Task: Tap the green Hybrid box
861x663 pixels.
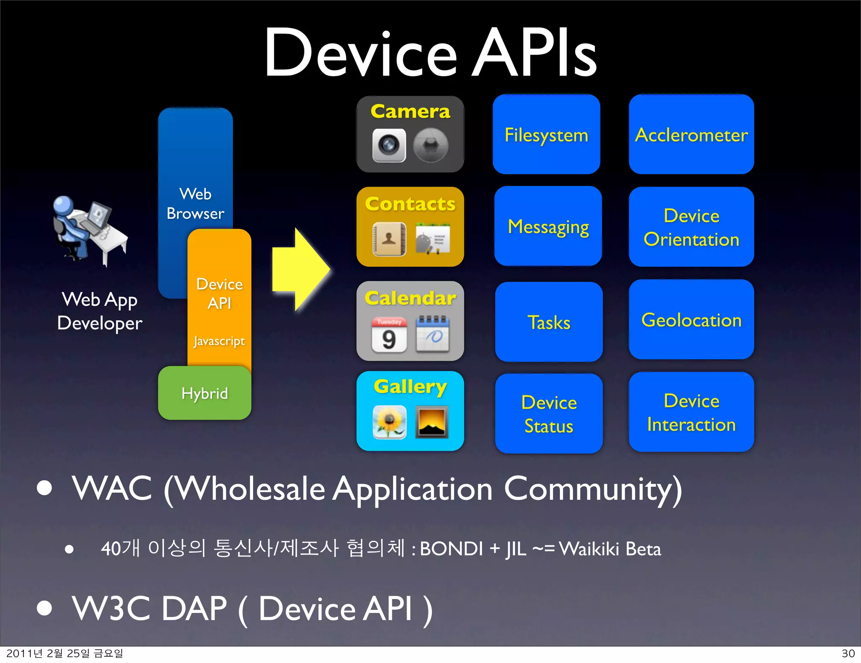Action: [x=204, y=393]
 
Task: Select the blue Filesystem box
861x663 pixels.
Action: [x=546, y=135]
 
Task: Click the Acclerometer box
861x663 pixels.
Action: [x=691, y=135]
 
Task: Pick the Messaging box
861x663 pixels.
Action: [x=548, y=226]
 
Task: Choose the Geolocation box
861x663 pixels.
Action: [x=691, y=320]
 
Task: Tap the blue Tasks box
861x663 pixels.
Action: [x=549, y=322]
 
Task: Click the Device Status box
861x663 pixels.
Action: [x=549, y=414]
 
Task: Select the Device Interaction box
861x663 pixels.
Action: [x=691, y=412]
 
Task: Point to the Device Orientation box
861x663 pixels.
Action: [x=691, y=227]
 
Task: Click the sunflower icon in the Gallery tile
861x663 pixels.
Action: [x=389, y=422]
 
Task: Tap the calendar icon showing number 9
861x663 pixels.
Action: [x=389, y=335]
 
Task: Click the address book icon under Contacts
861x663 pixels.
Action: [x=389, y=239]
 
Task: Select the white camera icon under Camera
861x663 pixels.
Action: [x=389, y=145]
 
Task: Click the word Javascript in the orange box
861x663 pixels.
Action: [x=219, y=341]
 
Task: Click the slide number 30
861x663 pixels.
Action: [x=848, y=653]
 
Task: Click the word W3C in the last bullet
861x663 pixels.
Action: [x=111, y=608]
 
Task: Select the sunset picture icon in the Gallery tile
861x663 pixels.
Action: [x=431, y=422]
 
